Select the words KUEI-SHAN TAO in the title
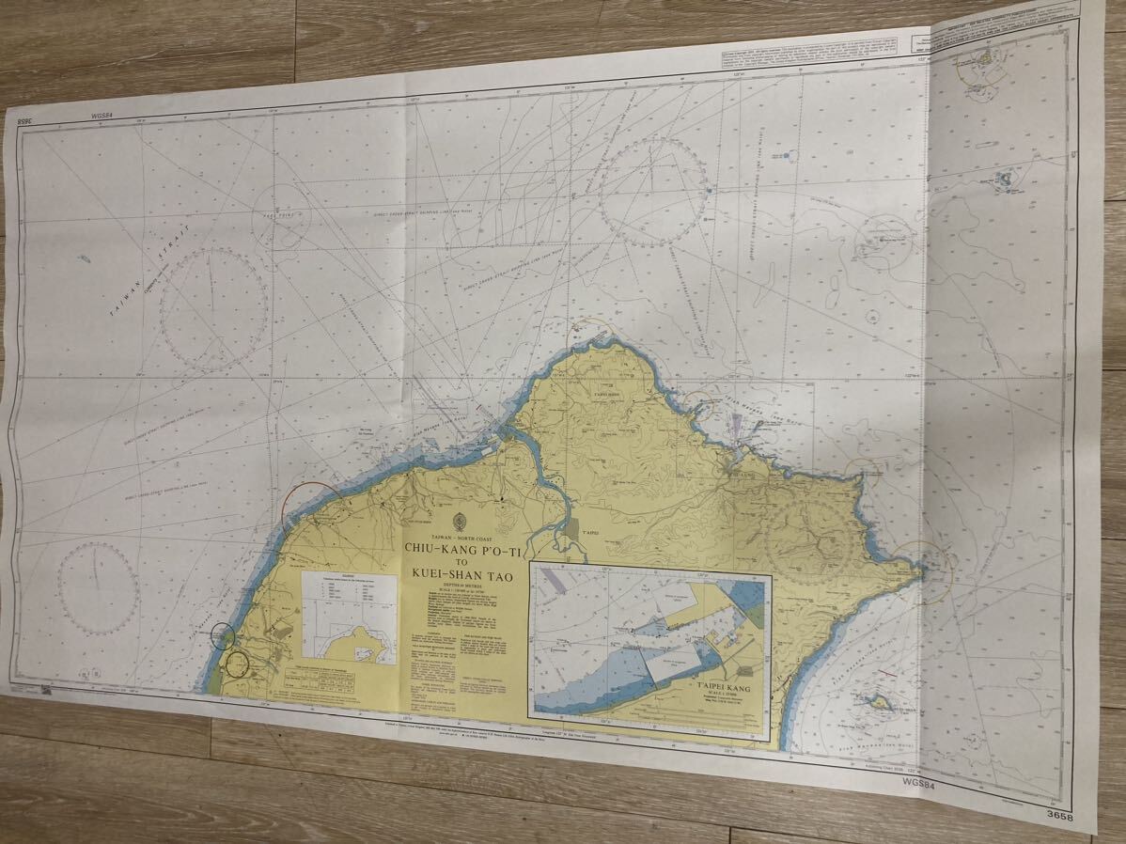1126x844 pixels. (x=462, y=576)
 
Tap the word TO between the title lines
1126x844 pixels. (x=461, y=563)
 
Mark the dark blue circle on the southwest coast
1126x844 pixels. (x=224, y=635)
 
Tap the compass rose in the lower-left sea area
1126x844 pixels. (x=98, y=587)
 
